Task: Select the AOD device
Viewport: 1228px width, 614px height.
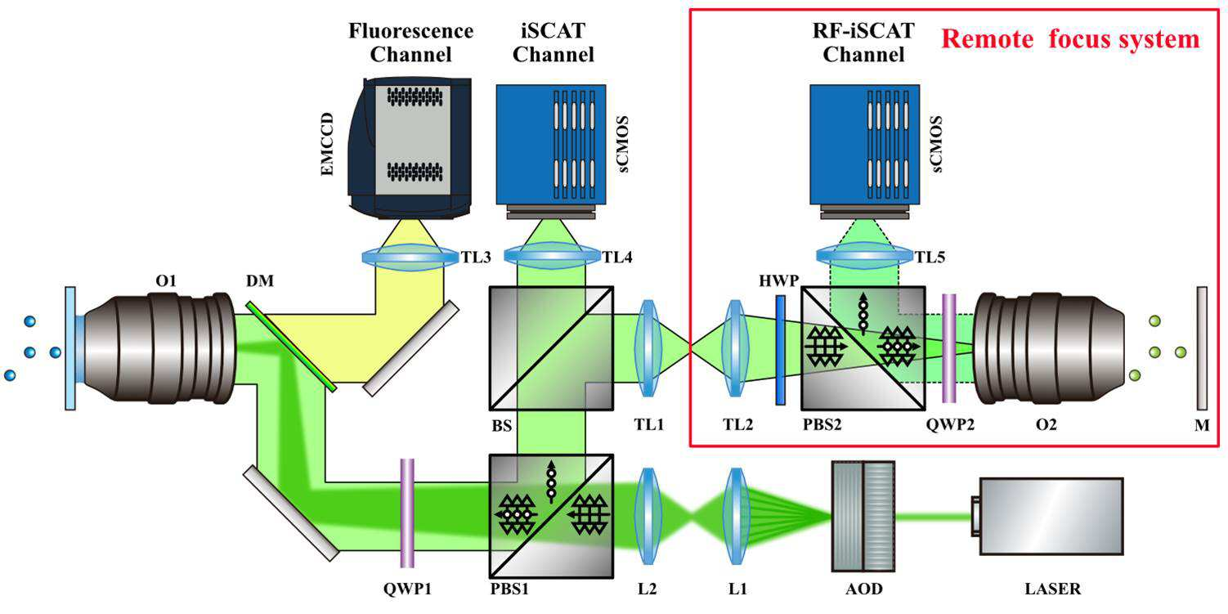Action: [x=863, y=517]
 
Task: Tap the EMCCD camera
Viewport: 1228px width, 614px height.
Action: [x=410, y=148]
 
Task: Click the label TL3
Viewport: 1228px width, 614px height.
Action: [x=475, y=257]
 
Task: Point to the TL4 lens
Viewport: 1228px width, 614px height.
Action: [x=552, y=255]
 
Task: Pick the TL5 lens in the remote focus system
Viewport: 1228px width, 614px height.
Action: [x=864, y=255]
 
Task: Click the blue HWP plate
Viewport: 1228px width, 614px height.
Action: [x=780, y=350]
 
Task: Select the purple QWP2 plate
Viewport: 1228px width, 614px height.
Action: [x=949, y=348]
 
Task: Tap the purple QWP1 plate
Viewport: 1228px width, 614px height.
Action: [x=407, y=513]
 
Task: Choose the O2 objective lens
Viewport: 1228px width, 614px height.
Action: [x=1048, y=348]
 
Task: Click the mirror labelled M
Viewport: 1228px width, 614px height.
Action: [x=1202, y=348]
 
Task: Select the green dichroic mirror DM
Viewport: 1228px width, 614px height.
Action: [x=290, y=347]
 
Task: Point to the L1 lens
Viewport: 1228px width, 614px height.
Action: [x=735, y=516]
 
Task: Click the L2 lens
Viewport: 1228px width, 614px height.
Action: [x=648, y=516]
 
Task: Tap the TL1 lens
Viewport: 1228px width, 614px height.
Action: [x=648, y=347]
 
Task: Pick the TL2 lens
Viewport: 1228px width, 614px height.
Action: [x=735, y=347]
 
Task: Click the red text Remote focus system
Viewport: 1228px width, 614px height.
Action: [x=1071, y=39]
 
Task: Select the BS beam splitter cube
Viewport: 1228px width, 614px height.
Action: [x=551, y=348]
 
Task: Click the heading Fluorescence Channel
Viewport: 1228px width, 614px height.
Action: [x=410, y=43]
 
